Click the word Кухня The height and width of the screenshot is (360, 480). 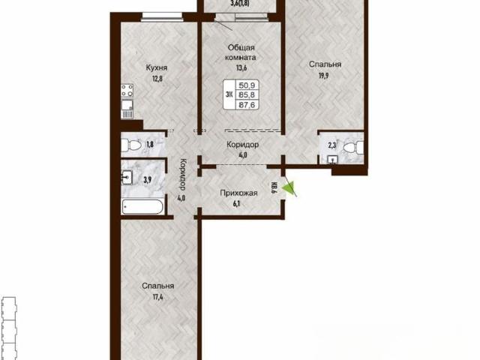157,67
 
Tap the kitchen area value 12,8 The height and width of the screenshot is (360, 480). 157,79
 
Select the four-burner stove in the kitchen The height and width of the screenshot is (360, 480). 127,91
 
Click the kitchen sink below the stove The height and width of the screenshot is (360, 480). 127,105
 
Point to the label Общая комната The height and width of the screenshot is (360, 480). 241,52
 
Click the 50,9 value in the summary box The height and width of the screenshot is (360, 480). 247,85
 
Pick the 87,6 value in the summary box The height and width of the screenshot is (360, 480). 247,105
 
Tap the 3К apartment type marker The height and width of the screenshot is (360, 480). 229,94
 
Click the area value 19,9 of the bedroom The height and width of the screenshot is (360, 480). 323,76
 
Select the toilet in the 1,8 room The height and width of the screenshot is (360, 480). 130,145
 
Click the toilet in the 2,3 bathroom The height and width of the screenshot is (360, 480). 354,148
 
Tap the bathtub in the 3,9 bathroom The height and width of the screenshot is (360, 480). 142,207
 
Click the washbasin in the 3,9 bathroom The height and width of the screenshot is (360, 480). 127,178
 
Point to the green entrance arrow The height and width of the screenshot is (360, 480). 288,187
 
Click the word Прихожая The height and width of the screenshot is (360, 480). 238,193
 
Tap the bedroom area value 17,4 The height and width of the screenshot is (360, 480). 158,297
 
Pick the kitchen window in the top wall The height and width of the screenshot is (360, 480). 162,16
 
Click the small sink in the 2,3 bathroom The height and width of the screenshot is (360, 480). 332,160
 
